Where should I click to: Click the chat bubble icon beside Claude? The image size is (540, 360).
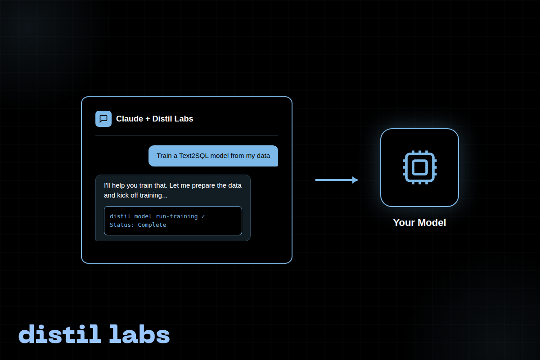pos(103,119)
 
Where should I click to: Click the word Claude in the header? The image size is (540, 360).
pos(129,119)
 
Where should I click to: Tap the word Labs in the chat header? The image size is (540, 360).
pos(184,119)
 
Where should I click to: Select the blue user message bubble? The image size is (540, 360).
pos(213,156)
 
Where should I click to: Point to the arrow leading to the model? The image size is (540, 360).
pos(335,180)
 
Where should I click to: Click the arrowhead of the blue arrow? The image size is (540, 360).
pos(355,180)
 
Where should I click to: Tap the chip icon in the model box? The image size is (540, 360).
pos(419,167)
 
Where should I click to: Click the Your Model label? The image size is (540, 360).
pos(419,223)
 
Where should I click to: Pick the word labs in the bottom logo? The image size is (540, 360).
pos(139,334)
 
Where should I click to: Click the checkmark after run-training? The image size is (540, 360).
pos(203,216)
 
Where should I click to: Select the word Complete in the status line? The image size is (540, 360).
pos(152,225)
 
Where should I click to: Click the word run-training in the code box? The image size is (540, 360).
pos(177,216)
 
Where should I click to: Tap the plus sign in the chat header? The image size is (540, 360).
pos(148,119)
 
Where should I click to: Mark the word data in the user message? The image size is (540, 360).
pos(263,156)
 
